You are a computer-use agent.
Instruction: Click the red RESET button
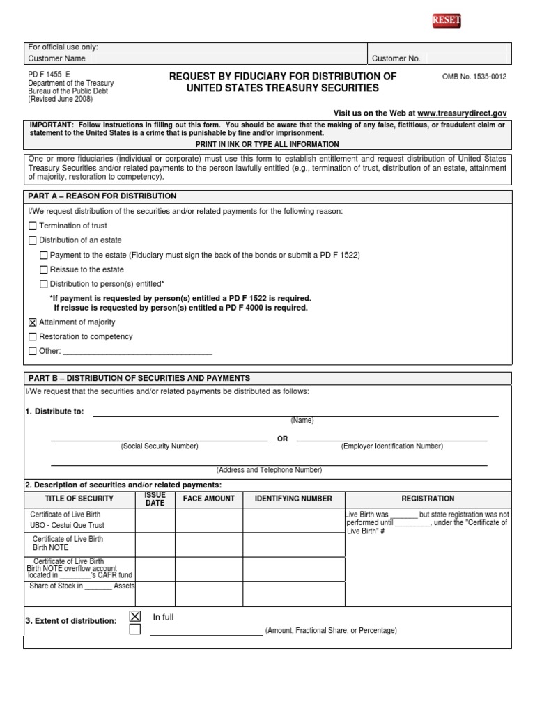(x=447, y=21)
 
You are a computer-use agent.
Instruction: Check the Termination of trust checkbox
(x=32, y=226)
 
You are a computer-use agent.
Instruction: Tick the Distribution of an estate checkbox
(x=32, y=240)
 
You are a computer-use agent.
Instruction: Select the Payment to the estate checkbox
(x=44, y=256)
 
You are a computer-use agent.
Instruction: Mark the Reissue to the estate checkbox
(x=44, y=269)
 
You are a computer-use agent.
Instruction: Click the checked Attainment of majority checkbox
(x=32, y=322)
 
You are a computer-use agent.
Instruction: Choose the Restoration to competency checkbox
(x=32, y=337)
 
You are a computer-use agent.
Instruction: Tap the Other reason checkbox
(x=32, y=351)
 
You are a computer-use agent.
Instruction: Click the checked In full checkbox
(x=135, y=616)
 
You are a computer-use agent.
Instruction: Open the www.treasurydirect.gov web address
(x=462, y=113)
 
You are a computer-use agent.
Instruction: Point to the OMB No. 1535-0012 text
(x=474, y=77)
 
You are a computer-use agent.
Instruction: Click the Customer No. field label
(x=396, y=58)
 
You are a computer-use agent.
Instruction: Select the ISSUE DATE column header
(x=155, y=499)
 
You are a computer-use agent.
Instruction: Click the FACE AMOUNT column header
(x=208, y=499)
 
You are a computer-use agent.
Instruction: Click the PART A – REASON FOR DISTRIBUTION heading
(x=102, y=196)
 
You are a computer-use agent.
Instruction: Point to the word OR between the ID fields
(x=282, y=439)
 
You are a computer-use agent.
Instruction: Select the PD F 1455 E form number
(x=49, y=73)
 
